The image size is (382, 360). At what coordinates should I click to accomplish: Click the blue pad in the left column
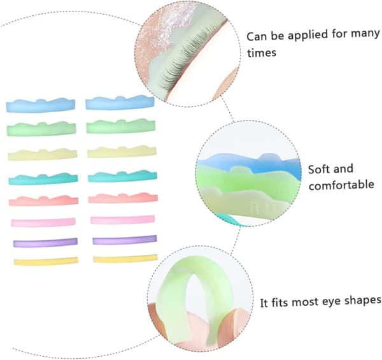(41, 106)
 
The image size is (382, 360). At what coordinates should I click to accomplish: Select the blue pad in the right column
(120, 103)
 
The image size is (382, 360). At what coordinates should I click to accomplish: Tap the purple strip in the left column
(45, 243)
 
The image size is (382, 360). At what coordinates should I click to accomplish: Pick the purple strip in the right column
(125, 240)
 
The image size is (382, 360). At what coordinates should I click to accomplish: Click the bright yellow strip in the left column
(46, 261)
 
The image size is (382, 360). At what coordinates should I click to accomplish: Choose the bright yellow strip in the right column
(125, 259)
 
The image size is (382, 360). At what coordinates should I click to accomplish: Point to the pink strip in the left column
(43, 222)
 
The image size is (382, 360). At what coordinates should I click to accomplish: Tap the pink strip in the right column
(122, 220)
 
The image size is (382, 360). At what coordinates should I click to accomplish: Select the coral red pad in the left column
(44, 201)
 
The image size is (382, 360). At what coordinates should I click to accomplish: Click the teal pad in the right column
(122, 176)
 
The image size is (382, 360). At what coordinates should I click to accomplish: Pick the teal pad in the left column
(43, 179)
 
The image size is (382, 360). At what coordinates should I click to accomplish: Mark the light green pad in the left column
(41, 129)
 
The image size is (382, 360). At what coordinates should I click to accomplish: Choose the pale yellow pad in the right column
(122, 152)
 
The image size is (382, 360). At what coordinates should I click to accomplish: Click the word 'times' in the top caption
(262, 53)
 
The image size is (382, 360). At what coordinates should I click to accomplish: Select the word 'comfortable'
(341, 185)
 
